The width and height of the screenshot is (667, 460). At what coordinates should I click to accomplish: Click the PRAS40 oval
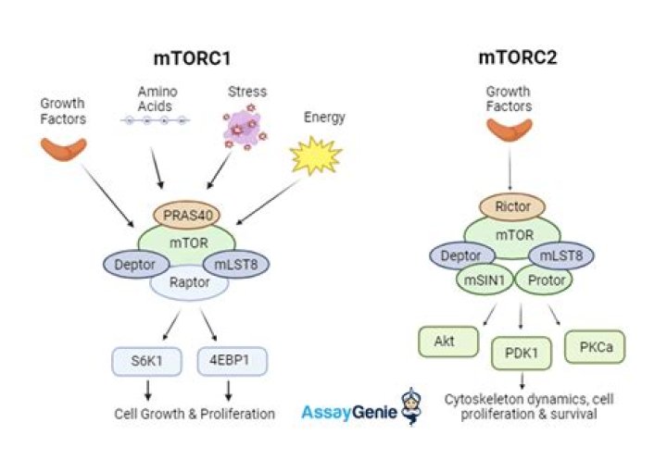[x=186, y=215]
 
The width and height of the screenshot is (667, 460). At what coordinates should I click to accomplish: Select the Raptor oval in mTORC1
[x=189, y=284]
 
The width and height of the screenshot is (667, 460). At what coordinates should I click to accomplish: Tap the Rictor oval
[x=512, y=207]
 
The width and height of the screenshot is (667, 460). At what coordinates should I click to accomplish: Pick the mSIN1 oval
[x=485, y=280]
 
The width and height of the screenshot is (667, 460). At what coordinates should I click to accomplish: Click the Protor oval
[x=544, y=280]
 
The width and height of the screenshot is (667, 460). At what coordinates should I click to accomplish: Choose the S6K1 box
[x=146, y=362]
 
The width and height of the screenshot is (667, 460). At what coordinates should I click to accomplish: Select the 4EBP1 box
[x=233, y=361]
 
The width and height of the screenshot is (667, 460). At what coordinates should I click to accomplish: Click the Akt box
[x=448, y=342]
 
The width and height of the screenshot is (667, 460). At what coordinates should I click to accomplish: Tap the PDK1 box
[x=522, y=354]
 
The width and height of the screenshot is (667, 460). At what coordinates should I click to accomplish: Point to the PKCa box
[x=595, y=347]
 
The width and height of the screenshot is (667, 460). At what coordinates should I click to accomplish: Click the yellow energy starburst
[x=316, y=155]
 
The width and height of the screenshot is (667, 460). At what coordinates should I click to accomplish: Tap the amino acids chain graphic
[x=156, y=120]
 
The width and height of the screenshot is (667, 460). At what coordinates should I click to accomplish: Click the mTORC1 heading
[x=193, y=58]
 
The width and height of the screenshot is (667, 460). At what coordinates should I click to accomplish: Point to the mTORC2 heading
[x=518, y=57]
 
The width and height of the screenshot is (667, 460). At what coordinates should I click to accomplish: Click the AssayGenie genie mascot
[x=411, y=406]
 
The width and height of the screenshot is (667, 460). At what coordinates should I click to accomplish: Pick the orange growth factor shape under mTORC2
[x=510, y=130]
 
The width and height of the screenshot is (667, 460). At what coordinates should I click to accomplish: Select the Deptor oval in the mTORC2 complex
[x=462, y=256]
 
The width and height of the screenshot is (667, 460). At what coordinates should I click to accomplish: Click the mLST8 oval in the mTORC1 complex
[x=236, y=265]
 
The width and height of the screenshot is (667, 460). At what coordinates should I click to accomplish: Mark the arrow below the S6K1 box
[x=147, y=391]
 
